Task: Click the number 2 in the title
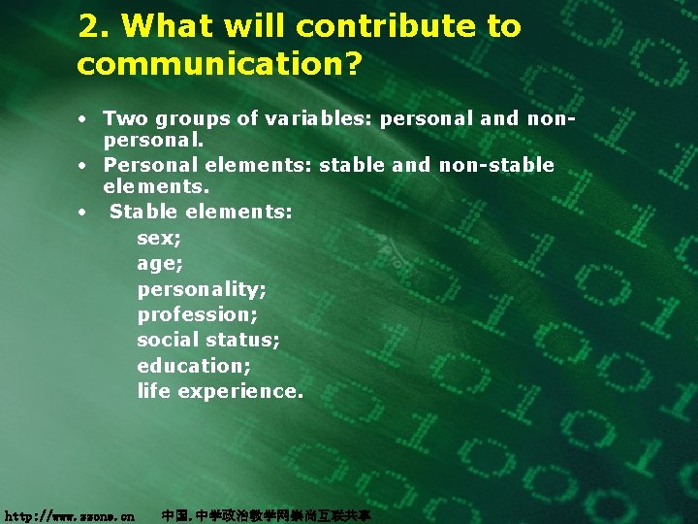[89, 27]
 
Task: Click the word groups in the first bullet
[198, 119]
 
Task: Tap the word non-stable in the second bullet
[496, 165]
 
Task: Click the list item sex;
[159, 238]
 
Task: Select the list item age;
[160, 264]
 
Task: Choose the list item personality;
[202, 289]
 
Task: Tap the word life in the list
[153, 390]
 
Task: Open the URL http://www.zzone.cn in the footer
[69, 516]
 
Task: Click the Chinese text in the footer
[266, 516]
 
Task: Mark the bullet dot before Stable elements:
[85, 210]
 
